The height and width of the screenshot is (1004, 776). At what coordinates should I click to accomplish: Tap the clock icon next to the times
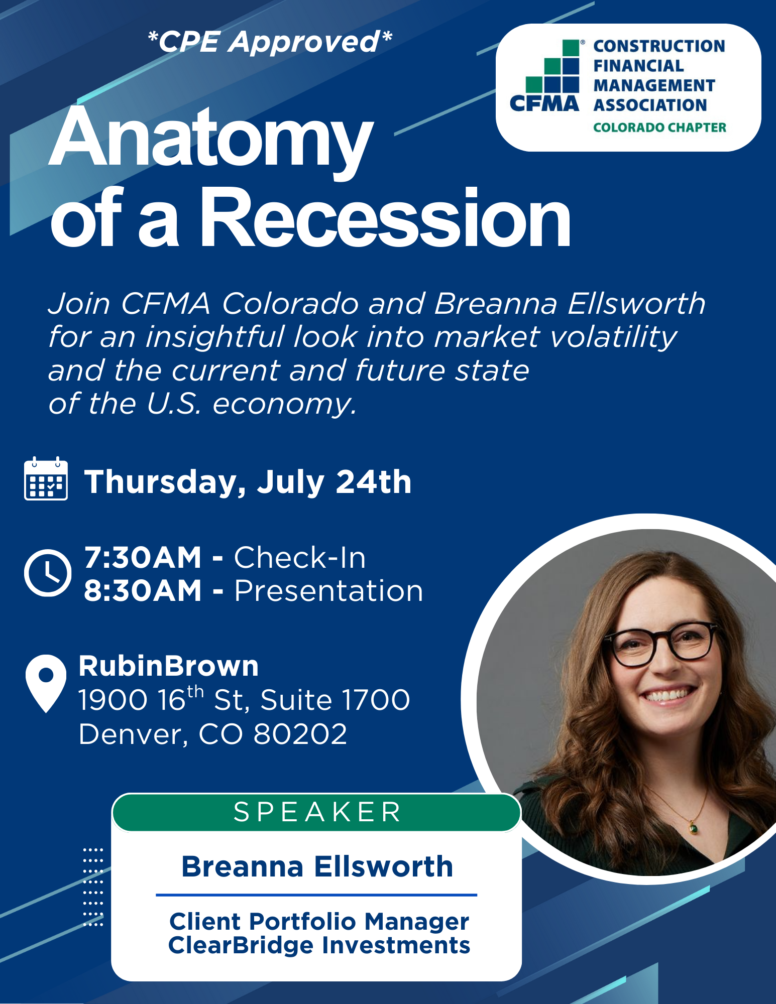(48, 573)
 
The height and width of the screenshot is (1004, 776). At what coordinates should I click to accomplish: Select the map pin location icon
(46, 683)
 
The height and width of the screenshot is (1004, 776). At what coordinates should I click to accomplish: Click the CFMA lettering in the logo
(544, 103)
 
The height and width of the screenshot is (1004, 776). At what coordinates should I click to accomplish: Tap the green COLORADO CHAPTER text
(659, 128)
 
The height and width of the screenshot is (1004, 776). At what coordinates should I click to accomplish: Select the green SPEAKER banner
(316, 812)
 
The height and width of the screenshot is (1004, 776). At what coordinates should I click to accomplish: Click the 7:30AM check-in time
(143, 557)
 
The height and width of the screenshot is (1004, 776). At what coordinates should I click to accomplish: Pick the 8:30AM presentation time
(143, 590)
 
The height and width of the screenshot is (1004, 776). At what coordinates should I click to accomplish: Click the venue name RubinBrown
(169, 666)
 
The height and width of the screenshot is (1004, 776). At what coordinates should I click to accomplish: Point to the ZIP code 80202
(300, 734)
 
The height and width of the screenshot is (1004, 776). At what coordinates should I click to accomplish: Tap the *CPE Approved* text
(270, 41)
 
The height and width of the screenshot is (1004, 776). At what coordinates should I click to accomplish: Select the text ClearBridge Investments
(319, 945)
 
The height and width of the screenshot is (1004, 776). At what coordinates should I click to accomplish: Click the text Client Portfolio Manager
(319, 921)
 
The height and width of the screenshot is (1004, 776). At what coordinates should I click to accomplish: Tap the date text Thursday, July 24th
(248, 482)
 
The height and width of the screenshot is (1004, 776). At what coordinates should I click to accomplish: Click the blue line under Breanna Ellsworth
(316, 895)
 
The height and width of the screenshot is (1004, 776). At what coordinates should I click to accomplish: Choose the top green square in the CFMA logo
(571, 48)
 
